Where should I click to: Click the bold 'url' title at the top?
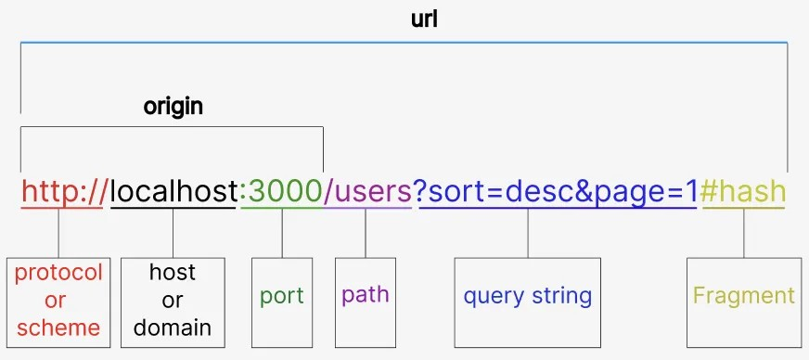[x=424, y=19]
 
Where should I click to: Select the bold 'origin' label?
[x=173, y=106]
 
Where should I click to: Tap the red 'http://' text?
[x=62, y=192]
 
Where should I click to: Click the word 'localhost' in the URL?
[x=173, y=192]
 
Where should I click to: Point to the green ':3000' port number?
[x=281, y=192]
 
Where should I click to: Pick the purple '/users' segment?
[x=366, y=192]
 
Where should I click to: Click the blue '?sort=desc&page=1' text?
[x=558, y=192]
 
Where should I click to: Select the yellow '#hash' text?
[x=744, y=192]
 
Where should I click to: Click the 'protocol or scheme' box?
[x=58, y=302]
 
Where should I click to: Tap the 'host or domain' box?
[x=173, y=302]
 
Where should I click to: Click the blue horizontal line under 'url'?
[x=404, y=42]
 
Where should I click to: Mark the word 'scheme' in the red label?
[x=58, y=327]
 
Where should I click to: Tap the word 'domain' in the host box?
[x=173, y=327]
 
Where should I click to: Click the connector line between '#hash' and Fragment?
[x=743, y=234]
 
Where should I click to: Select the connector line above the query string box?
[x=528, y=234]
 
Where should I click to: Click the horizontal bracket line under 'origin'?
[x=172, y=127]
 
